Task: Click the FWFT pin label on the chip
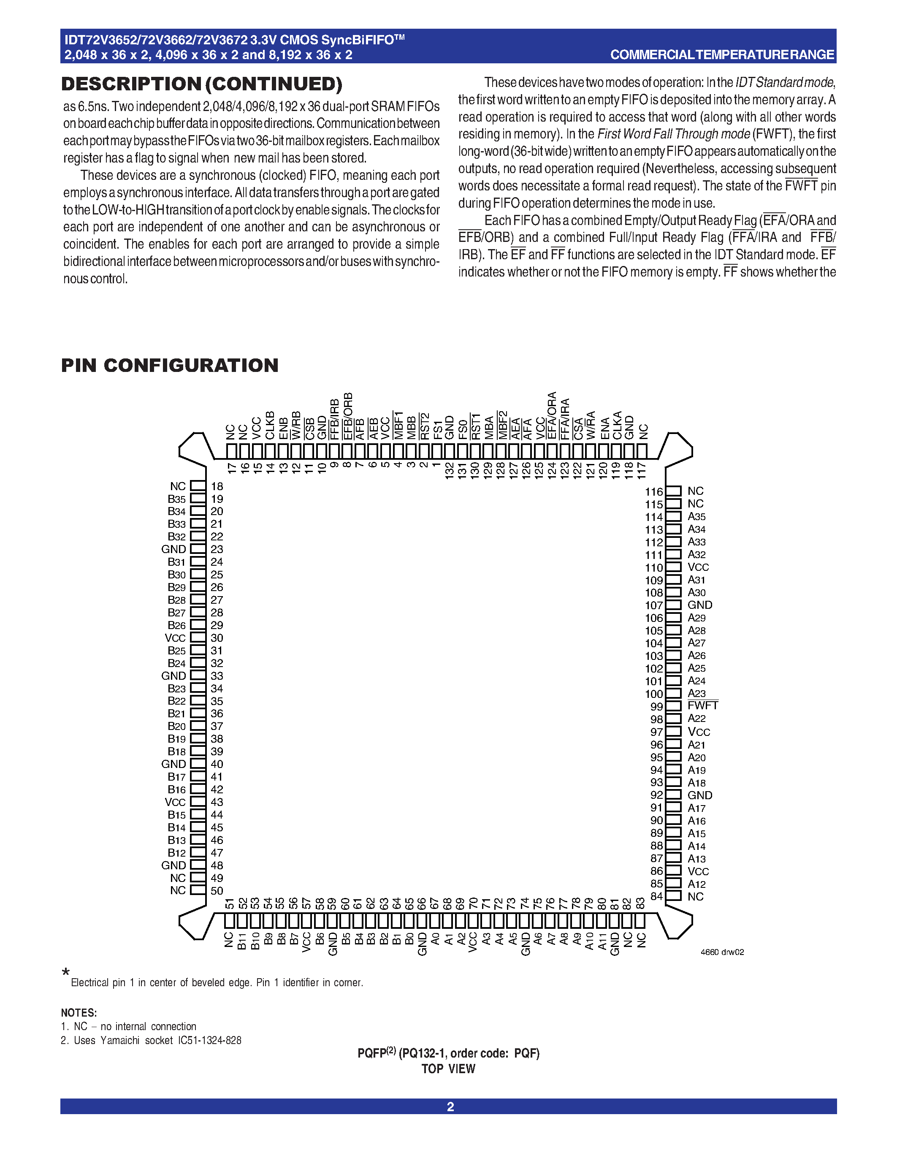(702, 705)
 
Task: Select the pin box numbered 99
(673, 706)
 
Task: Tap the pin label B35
(176, 499)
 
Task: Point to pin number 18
(217, 486)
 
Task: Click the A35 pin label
(696, 516)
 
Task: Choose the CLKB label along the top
(270, 425)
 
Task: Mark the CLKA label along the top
(617, 425)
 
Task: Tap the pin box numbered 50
(198, 890)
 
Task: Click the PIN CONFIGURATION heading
(170, 365)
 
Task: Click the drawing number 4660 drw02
(722, 952)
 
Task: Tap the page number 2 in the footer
(450, 1106)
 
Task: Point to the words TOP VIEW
(448, 1069)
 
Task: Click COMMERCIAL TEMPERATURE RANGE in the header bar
(722, 54)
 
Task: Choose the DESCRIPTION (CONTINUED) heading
(201, 84)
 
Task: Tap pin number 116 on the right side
(653, 492)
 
